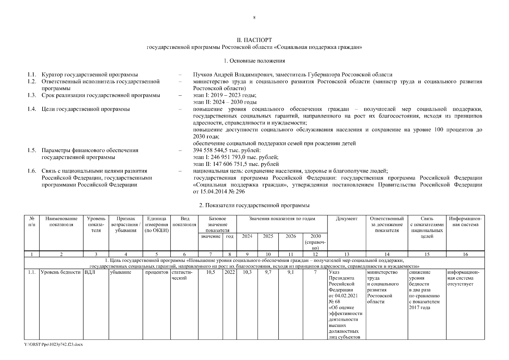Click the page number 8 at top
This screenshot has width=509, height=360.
coord(254,18)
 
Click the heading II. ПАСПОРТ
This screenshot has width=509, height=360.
coord(254,40)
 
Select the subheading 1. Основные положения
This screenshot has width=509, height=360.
coord(254,61)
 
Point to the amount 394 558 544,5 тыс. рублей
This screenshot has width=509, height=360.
coord(227,150)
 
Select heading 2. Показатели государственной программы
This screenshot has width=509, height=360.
coord(254,205)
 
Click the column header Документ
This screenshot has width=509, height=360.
coord(347,219)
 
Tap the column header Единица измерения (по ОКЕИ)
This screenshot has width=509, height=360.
coord(156,224)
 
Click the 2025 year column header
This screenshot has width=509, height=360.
coord(268,236)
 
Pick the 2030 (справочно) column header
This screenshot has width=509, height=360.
coord(315,242)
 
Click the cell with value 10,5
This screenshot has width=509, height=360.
coord(210,272)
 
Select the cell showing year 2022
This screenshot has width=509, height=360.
coord(230,272)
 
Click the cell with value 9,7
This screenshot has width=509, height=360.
coord(268,272)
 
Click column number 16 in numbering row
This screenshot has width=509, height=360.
coord(465,254)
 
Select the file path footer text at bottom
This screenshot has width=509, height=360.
coord(53,344)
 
